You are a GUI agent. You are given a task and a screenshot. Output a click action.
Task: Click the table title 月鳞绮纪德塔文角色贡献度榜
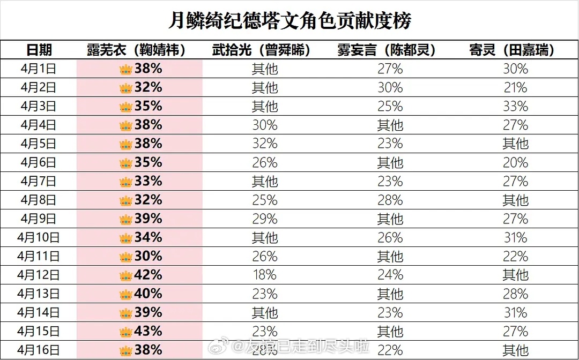click(x=289, y=20)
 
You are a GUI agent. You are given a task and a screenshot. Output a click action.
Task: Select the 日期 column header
click(x=39, y=50)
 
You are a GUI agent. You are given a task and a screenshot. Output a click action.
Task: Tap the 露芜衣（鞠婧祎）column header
click(x=139, y=50)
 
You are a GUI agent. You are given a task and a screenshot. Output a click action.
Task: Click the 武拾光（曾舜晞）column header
click(x=264, y=50)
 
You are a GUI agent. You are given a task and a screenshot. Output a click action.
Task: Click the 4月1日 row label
click(x=39, y=69)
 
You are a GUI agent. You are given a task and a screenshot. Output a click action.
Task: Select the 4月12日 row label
click(x=39, y=275)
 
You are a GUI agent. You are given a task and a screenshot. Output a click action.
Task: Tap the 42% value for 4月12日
click(x=148, y=275)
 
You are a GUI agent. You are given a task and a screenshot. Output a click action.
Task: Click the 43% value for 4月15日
click(x=148, y=331)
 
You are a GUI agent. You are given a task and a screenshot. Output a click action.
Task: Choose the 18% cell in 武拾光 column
click(x=264, y=275)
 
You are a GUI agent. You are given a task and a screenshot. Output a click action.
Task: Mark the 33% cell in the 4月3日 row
click(x=515, y=107)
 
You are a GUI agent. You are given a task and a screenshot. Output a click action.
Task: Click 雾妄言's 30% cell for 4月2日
click(x=390, y=88)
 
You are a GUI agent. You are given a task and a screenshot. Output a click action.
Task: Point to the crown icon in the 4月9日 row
click(x=126, y=220)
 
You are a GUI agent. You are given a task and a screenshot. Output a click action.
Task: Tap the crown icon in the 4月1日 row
click(x=126, y=70)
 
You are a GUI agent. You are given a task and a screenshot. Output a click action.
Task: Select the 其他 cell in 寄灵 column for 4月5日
click(x=515, y=144)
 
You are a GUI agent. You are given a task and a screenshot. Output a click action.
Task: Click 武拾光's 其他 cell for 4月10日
click(x=264, y=238)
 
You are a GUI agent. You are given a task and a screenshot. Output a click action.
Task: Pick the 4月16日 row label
click(x=39, y=350)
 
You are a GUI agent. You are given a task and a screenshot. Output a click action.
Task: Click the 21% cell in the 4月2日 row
click(x=515, y=88)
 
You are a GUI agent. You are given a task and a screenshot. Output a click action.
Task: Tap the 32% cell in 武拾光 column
click(x=264, y=144)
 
